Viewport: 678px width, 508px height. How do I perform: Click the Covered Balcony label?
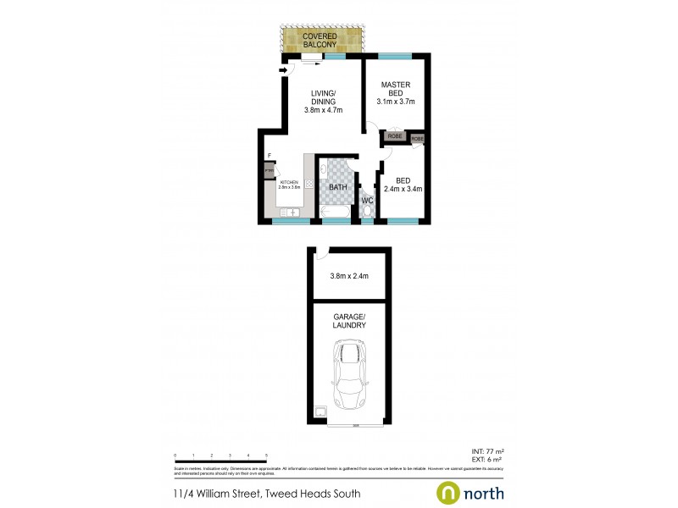click(320, 41)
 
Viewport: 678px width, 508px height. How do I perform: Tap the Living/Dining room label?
click(322, 101)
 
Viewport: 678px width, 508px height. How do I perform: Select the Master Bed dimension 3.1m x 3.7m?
click(395, 102)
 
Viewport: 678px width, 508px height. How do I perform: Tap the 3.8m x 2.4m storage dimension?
click(349, 276)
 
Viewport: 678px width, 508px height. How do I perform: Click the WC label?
click(367, 201)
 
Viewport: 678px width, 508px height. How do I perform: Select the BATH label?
click(337, 187)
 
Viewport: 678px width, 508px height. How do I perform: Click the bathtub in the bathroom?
click(336, 212)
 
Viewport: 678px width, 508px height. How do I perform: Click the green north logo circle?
click(448, 492)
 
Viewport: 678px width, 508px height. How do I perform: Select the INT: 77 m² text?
click(487, 451)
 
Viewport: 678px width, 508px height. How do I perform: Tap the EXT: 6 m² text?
click(487, 460)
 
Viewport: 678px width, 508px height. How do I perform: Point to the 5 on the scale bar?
click(266, 456)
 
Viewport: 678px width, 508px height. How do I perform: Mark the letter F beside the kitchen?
click(268, 156)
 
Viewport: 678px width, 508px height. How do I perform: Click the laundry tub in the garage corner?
click(321, 413)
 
